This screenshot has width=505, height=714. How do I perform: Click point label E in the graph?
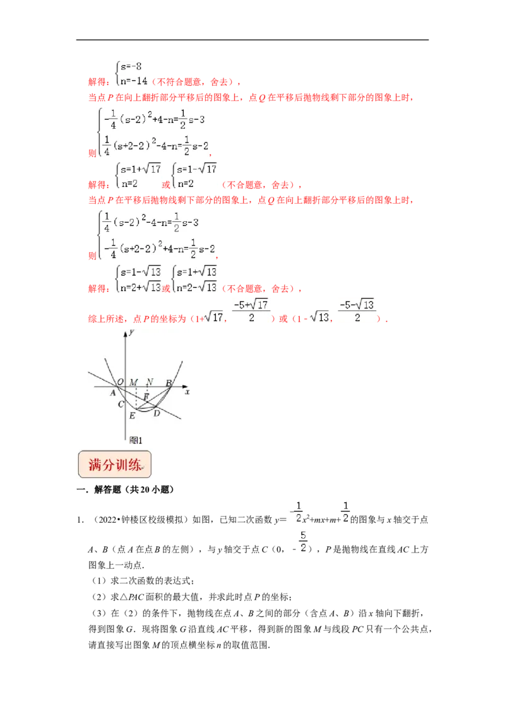(132, 415)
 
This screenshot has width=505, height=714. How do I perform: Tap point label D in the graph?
(157, 413)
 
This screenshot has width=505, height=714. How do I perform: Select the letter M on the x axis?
(134, 382)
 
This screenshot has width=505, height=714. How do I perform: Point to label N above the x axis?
(150, 382)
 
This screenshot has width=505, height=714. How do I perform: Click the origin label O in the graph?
(121, 382)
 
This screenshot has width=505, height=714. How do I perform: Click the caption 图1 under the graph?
(136, 440)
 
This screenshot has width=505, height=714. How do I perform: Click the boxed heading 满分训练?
(114, 464)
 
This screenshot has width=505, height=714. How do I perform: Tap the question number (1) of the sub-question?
(99, 581)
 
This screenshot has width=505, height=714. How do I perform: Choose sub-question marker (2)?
(99, 597)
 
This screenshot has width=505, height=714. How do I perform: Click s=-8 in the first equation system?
(131, 67)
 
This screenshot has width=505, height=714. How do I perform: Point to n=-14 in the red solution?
(134, 81)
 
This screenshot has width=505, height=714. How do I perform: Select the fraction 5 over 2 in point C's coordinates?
(303, 542)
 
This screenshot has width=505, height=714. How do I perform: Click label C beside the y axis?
(121, 404)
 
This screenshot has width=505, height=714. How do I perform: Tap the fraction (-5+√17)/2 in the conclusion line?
(251, 311)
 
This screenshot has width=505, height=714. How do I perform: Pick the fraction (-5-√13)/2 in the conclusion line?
(357, 311)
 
